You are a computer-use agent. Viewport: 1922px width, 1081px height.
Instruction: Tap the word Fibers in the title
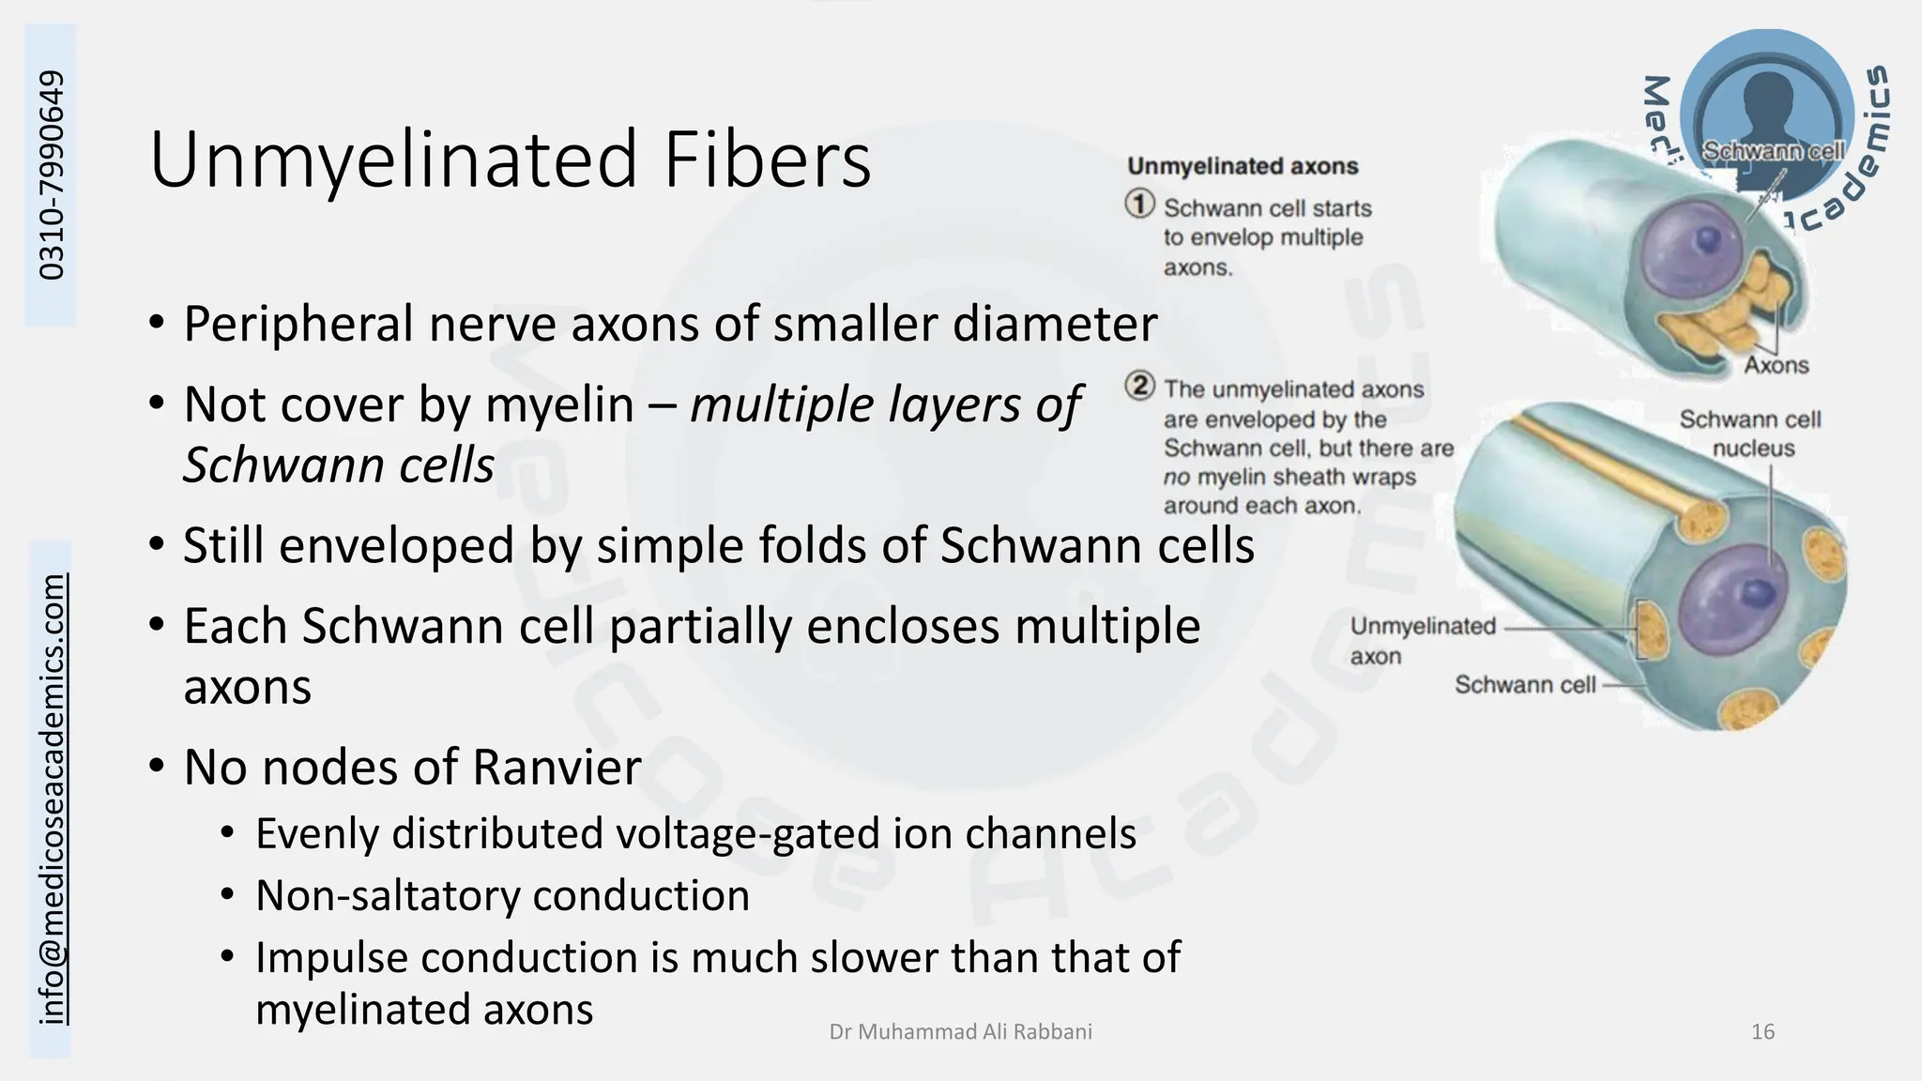[768, 160]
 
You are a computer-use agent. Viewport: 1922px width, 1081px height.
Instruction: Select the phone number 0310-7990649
[52, 175]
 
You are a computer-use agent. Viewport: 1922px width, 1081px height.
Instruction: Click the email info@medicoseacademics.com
[53, 799]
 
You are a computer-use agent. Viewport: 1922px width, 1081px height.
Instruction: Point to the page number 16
[1762, 1032]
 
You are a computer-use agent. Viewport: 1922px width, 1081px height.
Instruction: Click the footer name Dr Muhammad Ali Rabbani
[960, 1032]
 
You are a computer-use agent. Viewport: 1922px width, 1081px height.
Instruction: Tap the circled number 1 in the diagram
[1140, 204]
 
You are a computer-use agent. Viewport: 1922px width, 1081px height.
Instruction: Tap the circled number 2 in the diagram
[1140, 386]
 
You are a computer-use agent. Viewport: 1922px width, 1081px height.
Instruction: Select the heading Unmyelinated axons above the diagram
[1243, 166]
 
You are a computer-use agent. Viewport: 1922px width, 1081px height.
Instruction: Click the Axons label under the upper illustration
[1776, 365]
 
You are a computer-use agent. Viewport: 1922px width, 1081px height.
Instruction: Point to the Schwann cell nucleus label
[1750, 434]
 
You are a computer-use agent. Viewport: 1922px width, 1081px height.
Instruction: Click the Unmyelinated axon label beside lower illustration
[1422, 641]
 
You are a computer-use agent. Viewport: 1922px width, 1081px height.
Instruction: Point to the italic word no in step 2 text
[1176, 478]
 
